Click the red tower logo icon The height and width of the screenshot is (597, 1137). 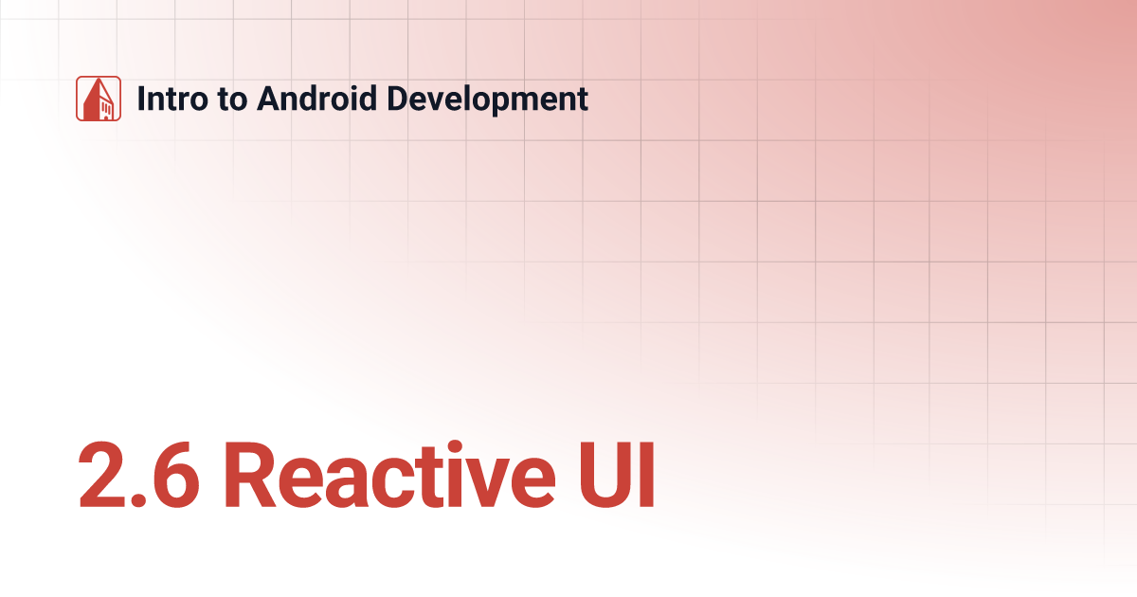99,99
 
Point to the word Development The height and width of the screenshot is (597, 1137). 479,99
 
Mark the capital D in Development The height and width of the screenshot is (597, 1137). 385,99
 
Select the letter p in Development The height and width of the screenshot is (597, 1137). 503,102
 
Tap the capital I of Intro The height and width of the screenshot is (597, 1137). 142,99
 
